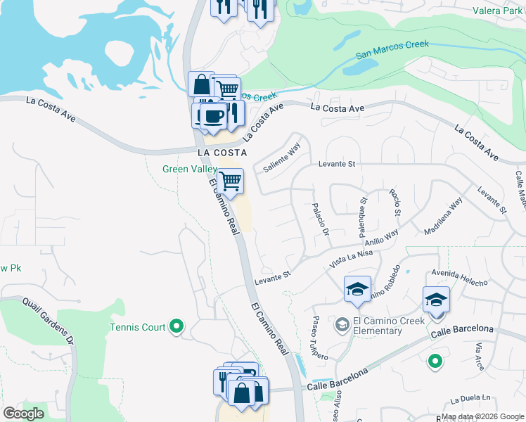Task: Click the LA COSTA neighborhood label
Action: (222, 152)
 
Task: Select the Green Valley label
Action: (190, 169)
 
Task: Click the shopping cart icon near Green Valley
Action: (230, 182)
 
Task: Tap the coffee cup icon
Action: (213, 117)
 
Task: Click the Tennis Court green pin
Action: (177, 326)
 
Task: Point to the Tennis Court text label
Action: (138, 327)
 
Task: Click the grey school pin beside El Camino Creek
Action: (342, 324)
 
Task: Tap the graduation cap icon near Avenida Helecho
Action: (436, 300)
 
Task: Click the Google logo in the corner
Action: (23, 414)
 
